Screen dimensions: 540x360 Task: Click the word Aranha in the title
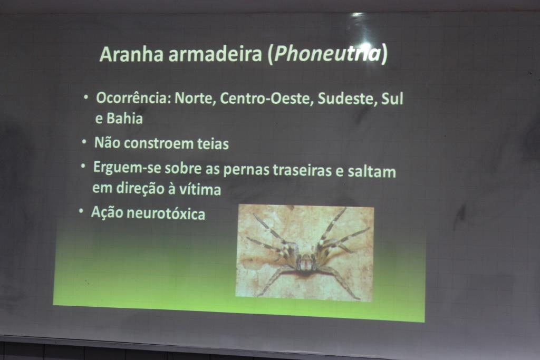[131, 54]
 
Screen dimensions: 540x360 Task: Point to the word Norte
[195, 99]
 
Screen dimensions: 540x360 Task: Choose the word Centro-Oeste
[266, 99]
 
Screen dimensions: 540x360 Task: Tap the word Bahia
[124, 119]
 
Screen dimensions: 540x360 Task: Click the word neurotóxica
[166, 213]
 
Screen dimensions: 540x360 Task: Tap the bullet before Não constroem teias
[84, 142]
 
